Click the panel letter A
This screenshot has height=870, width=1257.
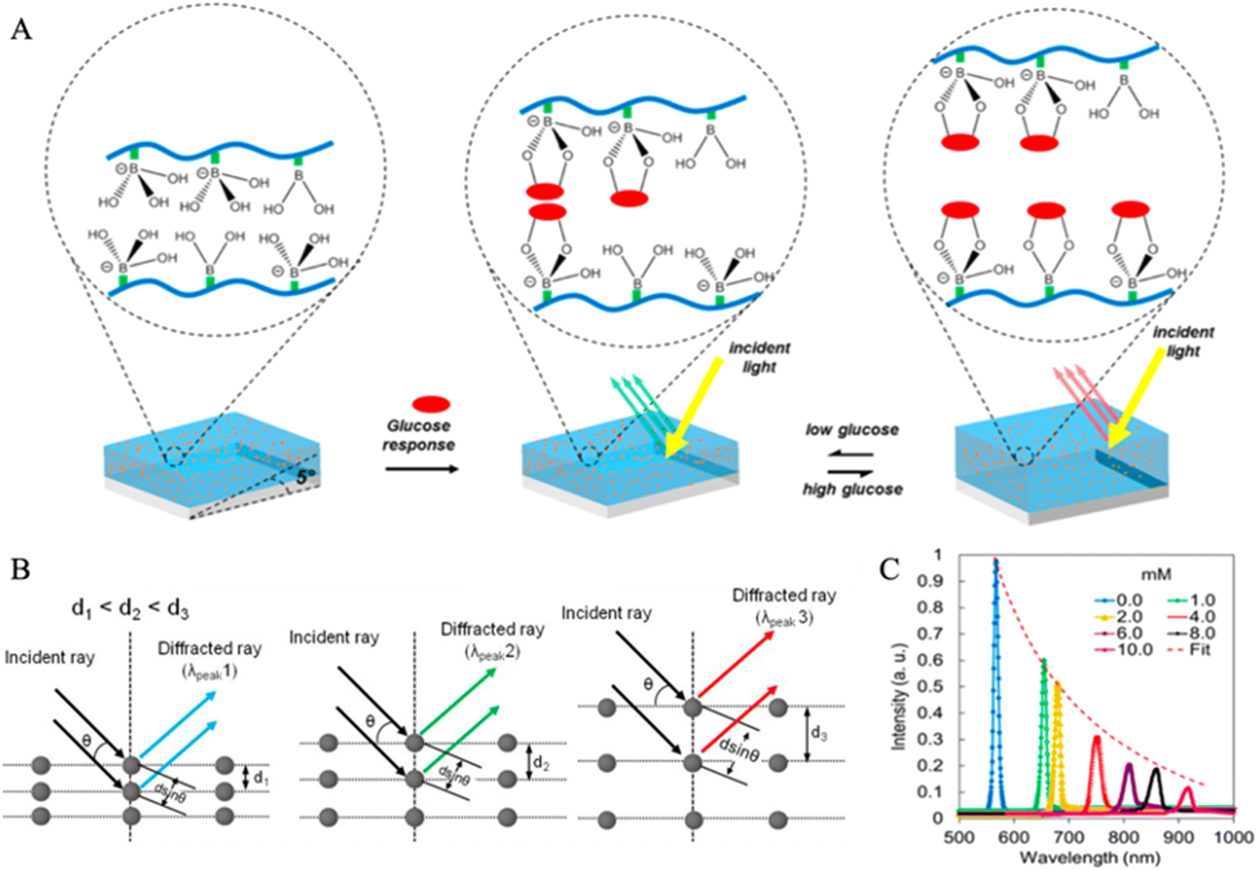point(21,29)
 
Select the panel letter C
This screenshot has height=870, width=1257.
point(890,569)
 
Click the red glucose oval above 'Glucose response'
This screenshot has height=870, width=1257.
point(431,404)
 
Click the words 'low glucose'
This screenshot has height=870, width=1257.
point(852,429)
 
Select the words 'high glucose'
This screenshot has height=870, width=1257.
point(852,490)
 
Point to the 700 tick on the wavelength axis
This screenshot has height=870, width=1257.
point(1069,837)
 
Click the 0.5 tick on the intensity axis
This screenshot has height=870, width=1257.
point(930,686)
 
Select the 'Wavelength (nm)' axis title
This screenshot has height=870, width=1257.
point(1090,857)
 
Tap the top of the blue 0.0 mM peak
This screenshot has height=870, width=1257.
point(996,560)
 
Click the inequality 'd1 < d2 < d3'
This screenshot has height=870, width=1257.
point(130,609)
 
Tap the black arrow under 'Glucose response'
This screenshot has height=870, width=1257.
point(422,469)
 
